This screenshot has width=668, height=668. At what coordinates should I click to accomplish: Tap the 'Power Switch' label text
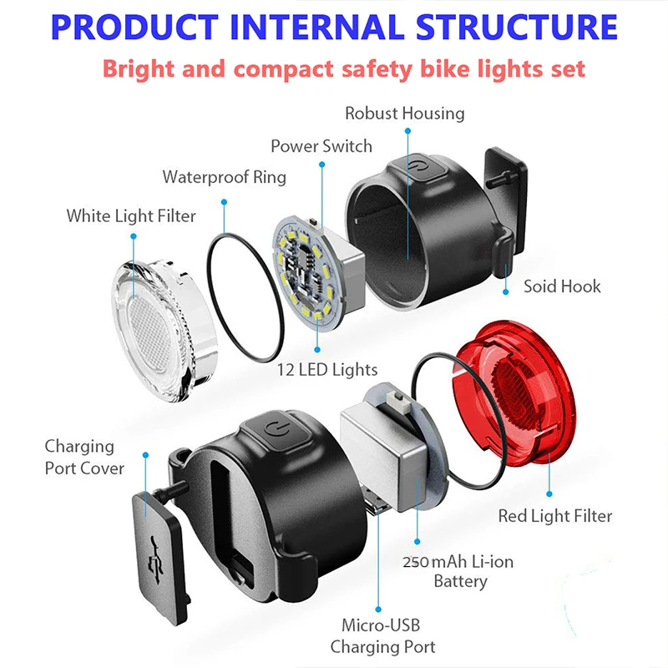321,146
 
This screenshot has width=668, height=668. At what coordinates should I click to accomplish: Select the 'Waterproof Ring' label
224,177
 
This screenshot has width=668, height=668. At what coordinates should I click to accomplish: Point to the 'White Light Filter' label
131,216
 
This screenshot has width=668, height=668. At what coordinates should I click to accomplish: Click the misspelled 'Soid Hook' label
562,286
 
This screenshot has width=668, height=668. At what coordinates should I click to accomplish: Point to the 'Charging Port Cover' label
84,457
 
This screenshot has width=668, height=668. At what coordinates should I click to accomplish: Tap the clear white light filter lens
159,321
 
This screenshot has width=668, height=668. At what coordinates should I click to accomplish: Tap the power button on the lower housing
275,432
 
